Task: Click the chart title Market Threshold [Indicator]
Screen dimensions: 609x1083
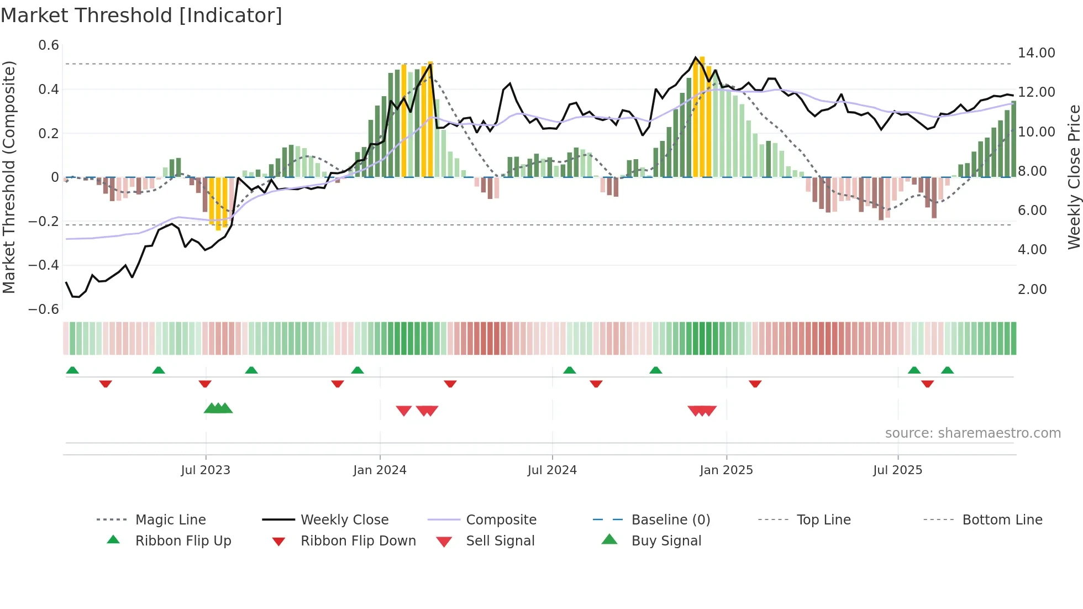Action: click(141, 15)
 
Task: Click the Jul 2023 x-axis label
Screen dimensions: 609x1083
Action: click(206, 470)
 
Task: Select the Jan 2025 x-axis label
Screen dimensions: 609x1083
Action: click(726, 470)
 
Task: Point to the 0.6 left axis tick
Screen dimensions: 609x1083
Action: click(49, 45)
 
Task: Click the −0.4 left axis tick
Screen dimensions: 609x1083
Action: click(44, 265)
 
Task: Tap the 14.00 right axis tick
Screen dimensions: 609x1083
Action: click(1036, 53)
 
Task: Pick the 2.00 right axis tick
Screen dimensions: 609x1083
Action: click(1032, 290)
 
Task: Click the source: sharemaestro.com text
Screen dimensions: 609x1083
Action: click(972, 433)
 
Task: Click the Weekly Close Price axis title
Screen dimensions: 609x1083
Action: click(1074, 177)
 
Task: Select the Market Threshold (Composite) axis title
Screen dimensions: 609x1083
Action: click(9, 177)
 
